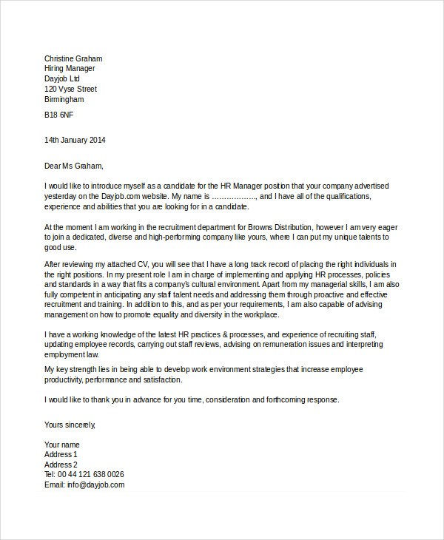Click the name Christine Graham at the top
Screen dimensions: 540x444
tap(73, 58)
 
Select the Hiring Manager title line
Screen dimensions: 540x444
tap(70, 69)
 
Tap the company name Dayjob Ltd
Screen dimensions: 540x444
tap(62, 79)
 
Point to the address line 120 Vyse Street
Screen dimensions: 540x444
tap(70, 90)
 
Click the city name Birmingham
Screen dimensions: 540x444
tap(64, 100)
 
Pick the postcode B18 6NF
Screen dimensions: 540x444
tap(59, 115)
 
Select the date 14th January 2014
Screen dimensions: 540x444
tap(75, 140)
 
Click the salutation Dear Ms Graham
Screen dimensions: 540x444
tap(74, 166)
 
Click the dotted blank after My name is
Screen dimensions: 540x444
tap(234, 198)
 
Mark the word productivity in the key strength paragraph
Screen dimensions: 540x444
tap(63, 380)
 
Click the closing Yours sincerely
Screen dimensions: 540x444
tap(70, 425)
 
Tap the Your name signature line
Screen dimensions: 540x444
tap(63, 445)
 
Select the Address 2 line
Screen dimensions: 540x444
tap(61, 465)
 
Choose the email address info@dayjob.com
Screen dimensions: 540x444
tap(96, 485)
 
